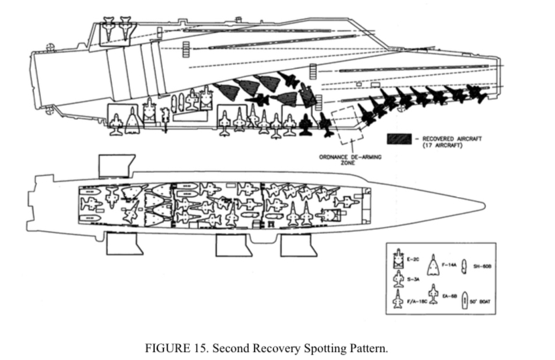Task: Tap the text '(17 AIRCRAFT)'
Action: pyautogui.click(x=440, y=145)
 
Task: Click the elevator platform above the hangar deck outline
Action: pyautogui.click(x=117, y=165)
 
